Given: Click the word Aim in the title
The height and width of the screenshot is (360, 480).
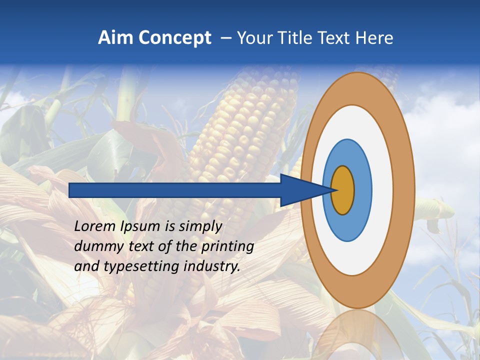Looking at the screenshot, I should [x=115, y=38].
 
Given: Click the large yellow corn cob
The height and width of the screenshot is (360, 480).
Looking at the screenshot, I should [x=235, y=140].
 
